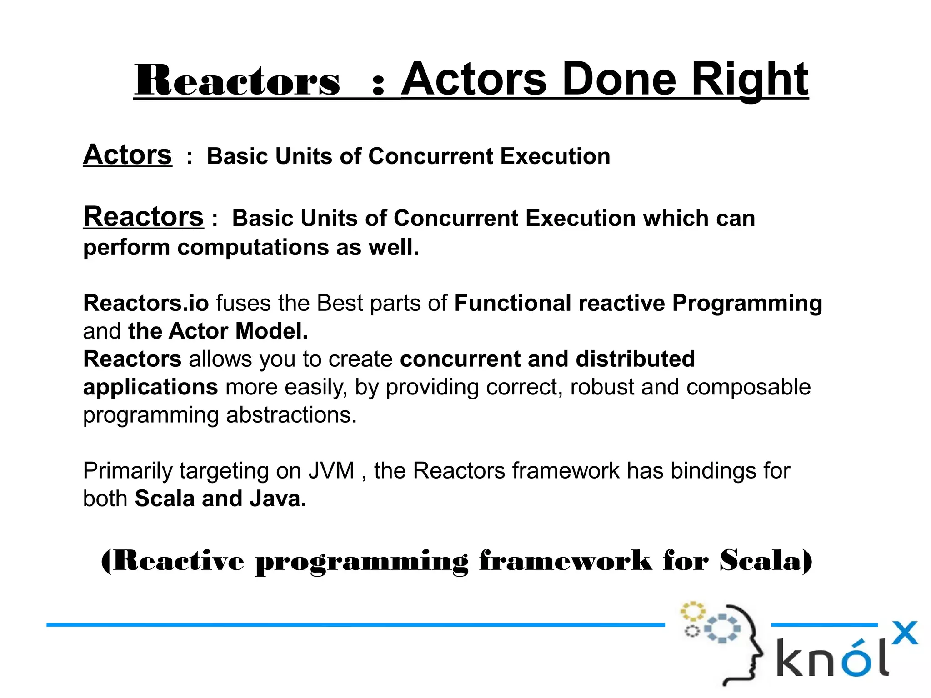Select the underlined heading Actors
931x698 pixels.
click(x=127, y=155)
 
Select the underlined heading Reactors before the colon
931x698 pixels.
click(x=143, y=217)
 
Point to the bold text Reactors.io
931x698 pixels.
click(x=146, y=303)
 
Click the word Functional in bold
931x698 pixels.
click(x=512, y=303)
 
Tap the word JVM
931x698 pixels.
click(x=331, y=471)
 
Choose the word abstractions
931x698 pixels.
click(x=291, y=415)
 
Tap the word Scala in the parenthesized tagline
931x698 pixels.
click(x=764, y=561)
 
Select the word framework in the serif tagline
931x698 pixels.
click(x=565, y=561)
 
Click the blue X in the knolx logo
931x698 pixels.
click(x=905, y=633)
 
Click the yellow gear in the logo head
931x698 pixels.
click(x=692, y=611)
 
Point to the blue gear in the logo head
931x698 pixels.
click(x=722, y=629)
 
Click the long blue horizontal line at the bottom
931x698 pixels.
click(x=355, y=625)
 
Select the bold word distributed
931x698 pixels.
click(x=635, y=359)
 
